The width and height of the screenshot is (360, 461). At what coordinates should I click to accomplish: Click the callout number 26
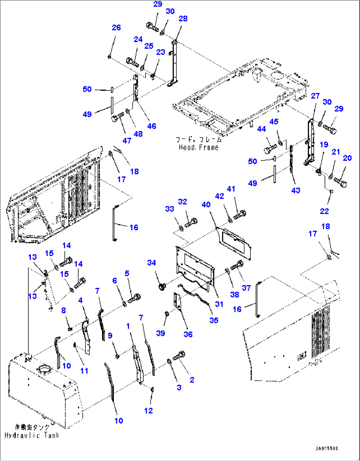(x=116, y=28)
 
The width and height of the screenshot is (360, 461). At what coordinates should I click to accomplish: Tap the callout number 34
(x=152, y=263)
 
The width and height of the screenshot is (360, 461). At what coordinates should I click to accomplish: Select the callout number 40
(x=206, y=205)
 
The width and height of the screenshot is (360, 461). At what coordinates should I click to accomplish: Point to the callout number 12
(x=149, y=411)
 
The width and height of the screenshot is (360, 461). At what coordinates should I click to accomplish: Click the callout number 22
(x=324, y=211)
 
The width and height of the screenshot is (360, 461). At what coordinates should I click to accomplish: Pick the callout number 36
(x=188, y=334)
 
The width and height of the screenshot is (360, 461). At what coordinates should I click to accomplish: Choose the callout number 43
(x=296, y=190)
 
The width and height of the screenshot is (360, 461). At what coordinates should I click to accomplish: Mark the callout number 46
(x=152, y=126)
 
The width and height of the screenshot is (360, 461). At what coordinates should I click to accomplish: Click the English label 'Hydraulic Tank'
(x=32, y=436)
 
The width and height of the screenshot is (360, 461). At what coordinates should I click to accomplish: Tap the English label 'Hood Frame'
(x=198, y=148)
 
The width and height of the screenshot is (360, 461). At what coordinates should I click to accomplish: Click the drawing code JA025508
(x=326, y=448)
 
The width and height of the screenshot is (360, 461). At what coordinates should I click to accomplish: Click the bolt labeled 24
(x=133, y=61)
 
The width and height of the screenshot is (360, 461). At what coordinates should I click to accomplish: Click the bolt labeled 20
(x=340, y=181)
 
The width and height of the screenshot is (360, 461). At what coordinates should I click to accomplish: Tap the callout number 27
(x=315, y=96)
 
